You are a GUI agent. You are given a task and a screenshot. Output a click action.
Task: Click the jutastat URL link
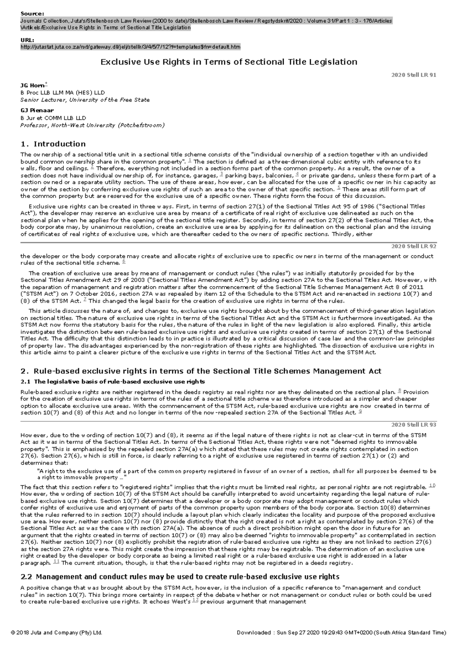click(x=130, y=47)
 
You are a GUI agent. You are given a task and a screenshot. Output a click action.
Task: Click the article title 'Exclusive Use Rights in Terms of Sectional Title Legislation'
click(x=228, y=62)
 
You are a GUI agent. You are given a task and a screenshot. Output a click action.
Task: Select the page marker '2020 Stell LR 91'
click(x=414, y=75)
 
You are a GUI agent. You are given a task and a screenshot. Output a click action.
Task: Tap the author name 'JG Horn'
click(x=32, y=85)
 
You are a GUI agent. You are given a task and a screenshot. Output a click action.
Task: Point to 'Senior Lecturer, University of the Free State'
click(x=85, y=100)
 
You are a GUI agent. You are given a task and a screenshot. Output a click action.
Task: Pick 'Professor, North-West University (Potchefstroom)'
click(x=92, y=125)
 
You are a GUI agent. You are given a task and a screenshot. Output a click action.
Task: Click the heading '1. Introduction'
click(x=53, y=144)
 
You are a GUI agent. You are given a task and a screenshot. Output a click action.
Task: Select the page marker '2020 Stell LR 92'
click(x=414, y=246)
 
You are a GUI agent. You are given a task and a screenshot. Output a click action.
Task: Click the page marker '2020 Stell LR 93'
click(x=414, y=425)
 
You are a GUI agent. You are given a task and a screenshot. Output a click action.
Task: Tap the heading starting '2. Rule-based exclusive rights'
click(x=201, y=371)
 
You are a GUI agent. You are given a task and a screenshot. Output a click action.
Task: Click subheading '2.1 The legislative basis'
click(x=112, y=382)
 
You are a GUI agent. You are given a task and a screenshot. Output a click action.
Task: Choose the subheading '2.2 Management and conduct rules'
click(x=179, y=576)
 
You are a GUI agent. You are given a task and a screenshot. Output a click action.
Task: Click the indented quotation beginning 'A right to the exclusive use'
click(x=236, y=474)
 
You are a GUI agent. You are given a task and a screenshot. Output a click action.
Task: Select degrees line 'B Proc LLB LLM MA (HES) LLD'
click(x=62, y=92)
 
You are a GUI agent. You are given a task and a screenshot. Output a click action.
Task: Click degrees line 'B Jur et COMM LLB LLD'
click(x=53, y=118)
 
